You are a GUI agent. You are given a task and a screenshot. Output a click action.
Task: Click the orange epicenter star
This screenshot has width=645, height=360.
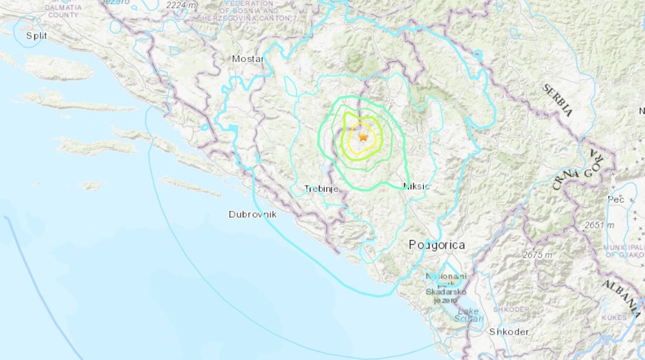[363, 137]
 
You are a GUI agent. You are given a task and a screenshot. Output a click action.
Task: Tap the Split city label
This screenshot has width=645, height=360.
[36, 36]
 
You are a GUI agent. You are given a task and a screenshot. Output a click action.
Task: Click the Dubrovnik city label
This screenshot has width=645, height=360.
[252, 214]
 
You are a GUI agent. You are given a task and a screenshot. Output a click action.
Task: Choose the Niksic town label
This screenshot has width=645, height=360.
[416, 186]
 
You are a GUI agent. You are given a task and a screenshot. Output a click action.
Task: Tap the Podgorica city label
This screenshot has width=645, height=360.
[437, 245]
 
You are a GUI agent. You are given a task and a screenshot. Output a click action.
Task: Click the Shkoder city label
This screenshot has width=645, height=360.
[509, 332]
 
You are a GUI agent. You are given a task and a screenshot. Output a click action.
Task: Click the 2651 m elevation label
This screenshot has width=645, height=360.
[599, 225]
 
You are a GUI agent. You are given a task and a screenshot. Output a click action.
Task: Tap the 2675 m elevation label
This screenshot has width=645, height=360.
[537, 255]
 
